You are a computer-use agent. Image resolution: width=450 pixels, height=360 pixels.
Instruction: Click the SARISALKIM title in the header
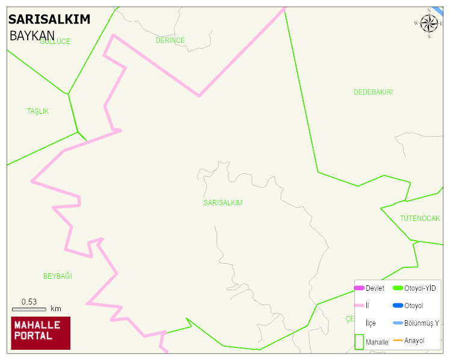pos(49,19)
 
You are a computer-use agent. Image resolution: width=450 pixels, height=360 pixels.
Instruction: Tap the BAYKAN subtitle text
pos(32,36)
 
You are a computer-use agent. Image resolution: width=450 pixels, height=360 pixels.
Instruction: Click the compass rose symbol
pos(429,23)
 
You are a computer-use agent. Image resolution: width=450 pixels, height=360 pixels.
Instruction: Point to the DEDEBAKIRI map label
pos(373,92)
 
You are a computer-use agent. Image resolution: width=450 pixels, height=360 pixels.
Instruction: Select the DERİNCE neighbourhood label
pos(170,40)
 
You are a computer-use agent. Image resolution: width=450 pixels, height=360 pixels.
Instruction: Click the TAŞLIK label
pos(38,111)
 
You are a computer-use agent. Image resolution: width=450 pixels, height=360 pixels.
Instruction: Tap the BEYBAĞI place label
pos(58,276)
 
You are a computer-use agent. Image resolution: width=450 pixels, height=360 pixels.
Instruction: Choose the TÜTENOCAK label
pos(420,218)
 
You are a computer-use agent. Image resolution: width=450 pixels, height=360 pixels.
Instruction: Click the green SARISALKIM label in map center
pos(223,203)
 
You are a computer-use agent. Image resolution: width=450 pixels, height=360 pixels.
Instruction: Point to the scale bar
pos(29,309)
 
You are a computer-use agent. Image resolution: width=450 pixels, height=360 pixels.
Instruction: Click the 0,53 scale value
pos(29,302)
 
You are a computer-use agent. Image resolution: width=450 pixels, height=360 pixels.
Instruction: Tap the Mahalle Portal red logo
pos(40,333)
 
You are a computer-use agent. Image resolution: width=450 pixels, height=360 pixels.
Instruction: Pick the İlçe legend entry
pos(371,323)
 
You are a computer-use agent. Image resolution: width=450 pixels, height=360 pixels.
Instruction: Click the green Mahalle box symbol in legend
pos(359,342)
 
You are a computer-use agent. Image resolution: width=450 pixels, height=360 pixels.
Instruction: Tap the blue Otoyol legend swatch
pos(398,306)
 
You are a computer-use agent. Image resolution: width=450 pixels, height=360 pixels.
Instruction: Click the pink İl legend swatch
pos(359,306)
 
